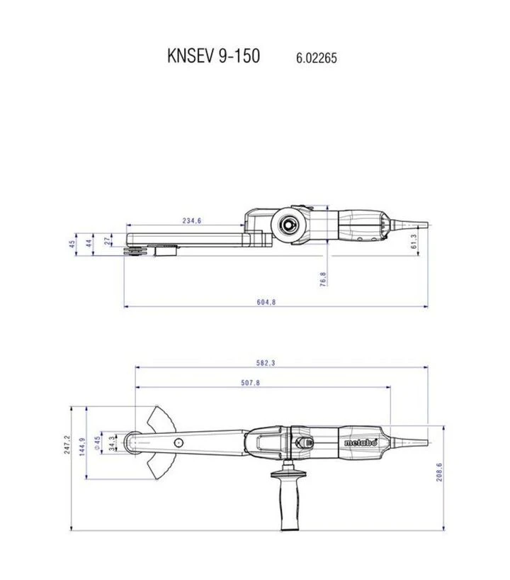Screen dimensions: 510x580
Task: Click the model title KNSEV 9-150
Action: pyautogui.click(x=214, y=56)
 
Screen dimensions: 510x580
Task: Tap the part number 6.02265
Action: pyautogui.click(x=317, y=58)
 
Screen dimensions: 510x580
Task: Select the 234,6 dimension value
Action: pyautogui.click(x=192, y=221)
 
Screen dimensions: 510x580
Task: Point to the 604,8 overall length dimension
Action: pyautogui.click(x=266, y=302)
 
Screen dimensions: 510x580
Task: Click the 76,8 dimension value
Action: pyautogui.click(x=323, y=279)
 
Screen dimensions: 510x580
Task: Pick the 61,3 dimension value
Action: pyautogui.click(x=414, y=241)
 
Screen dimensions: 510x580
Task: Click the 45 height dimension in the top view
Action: pyautogui.click(x=72, y=244)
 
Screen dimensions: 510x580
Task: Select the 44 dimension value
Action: pyautogui.click(x=89, y=243)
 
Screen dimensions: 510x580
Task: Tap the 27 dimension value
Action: pyautogui.click(x=107, y=241)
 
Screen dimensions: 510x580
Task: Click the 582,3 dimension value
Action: pyautogui.click(x=266, y=363)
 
